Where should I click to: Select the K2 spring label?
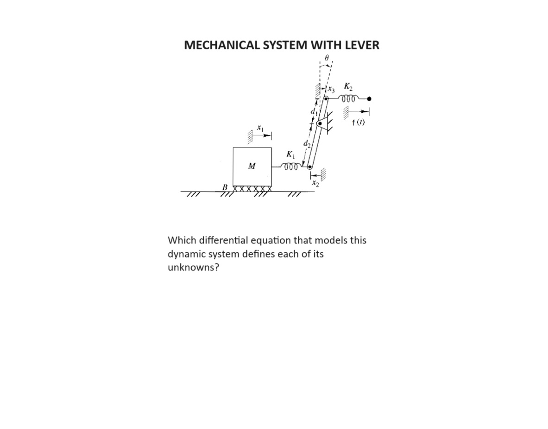(348, 87)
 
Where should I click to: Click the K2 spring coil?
(348, 99)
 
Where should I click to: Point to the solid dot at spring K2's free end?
(369, 99)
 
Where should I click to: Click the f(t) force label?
(358, 123)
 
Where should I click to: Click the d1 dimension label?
(314, 111)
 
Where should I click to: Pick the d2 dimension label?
(306, 144)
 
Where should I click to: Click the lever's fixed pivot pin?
(319, 123)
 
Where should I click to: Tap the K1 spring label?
(290, 154)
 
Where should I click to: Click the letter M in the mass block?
(252, 166)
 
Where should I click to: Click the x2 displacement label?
(315, 184)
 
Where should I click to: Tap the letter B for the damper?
(225, 187)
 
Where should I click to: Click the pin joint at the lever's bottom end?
(310, 167)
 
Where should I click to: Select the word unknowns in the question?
(193, 268)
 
